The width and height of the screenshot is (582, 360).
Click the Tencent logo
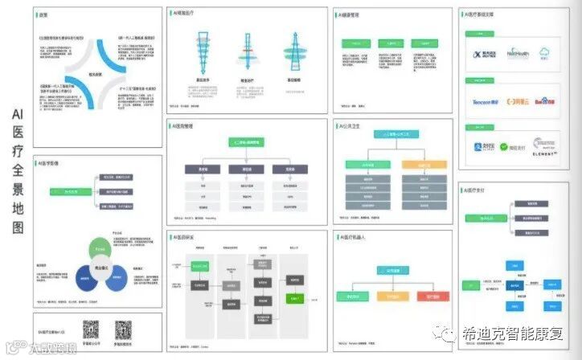click(x=484, y=102)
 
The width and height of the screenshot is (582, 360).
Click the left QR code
click(x=91, y=329)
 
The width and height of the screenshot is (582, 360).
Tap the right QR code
click(x=123, y=329)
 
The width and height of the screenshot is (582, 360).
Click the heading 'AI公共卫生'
click(x=352, y=126)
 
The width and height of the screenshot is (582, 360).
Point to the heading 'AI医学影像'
click(x=49, y=163)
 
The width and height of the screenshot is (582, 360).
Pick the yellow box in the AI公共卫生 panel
click(x=417, y=164)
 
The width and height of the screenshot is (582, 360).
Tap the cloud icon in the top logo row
click(x=545, y=53)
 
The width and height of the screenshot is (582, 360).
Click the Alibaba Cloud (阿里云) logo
click(x=516, y=102)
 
